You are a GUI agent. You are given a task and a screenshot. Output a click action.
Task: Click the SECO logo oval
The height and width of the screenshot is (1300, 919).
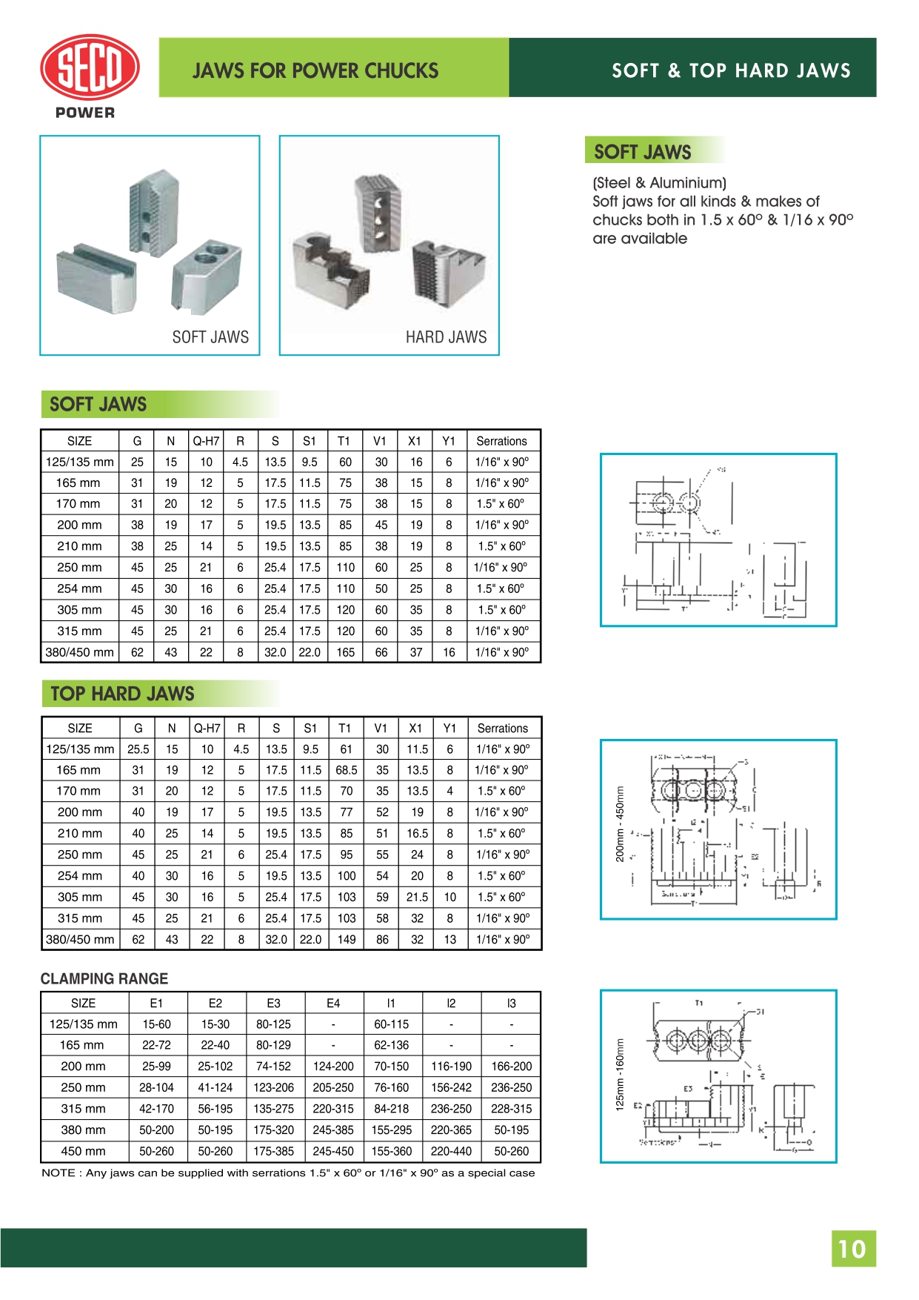(90, 67)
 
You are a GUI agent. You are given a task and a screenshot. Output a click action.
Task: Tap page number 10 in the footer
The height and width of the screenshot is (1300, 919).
(852, 1249)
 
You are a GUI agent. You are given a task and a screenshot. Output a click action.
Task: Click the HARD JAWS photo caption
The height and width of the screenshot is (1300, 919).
(446, 337)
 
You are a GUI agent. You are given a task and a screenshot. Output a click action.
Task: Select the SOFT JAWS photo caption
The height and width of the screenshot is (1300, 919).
(210, 337)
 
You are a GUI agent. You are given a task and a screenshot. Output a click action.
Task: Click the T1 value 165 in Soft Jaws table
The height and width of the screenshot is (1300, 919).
(345, 652)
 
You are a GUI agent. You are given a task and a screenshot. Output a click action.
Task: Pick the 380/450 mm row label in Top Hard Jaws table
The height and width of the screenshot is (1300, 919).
(80, 939)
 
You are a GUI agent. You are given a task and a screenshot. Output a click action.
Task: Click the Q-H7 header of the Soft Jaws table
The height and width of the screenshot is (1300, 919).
(206, 441)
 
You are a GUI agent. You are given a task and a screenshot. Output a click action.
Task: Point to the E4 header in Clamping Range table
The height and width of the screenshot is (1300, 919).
(333, 1003)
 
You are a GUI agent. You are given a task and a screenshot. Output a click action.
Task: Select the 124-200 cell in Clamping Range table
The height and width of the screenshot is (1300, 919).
(333, 1066)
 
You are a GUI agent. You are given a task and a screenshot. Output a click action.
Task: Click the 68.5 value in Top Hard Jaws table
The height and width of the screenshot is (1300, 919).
(346, 770)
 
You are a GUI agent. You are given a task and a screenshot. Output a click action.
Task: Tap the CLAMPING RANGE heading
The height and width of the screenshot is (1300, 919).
(104, 978)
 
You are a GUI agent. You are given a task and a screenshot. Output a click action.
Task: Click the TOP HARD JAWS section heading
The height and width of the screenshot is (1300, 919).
(122, 694)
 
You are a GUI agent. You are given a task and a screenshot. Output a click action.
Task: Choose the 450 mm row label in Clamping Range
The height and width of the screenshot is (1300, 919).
(83, 1151)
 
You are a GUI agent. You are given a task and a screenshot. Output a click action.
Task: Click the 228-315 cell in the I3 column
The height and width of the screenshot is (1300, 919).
(511, 1109)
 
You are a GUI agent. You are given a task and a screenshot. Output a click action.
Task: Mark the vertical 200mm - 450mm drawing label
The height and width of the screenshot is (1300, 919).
(621, 824)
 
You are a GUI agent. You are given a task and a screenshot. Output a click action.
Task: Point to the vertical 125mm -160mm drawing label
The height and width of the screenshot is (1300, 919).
(621, 1073)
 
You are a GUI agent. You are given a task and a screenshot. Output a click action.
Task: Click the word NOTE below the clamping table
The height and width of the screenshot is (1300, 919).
(59, 1173)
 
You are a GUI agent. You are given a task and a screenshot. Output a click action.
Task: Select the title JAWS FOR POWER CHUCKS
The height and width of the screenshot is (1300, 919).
(315, 70)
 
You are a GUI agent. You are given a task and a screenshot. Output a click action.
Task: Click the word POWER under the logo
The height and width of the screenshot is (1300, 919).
(85, 113)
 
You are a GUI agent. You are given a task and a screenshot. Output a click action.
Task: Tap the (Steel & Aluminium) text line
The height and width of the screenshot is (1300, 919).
(659, 183)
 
